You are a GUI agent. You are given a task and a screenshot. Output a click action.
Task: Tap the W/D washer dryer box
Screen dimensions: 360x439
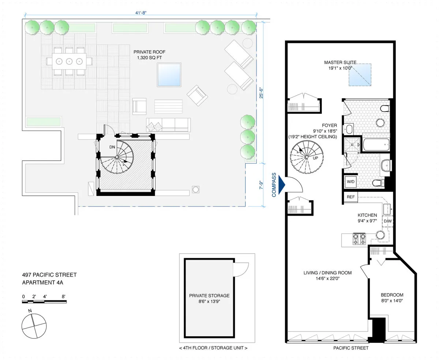(350, 181)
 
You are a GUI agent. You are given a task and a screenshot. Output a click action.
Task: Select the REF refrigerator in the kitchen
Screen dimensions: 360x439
(350, 197)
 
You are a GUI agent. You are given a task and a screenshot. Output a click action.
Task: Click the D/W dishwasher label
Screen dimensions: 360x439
(387, 221)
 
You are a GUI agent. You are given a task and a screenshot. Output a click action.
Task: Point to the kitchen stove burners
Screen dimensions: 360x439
(359, 239)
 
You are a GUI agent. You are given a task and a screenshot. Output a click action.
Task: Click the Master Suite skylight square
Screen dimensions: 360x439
(359, 75)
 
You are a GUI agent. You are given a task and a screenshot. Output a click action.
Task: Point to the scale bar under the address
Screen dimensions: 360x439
(44, 302)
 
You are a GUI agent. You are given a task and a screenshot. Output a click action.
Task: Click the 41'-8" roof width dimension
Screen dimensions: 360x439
(140, 13)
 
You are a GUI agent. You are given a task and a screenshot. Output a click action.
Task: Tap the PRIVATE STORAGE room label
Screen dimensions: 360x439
(209, 296)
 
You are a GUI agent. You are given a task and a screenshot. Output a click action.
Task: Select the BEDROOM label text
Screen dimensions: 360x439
(392, 295)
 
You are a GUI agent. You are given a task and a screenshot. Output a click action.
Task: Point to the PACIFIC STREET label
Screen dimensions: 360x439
(351, 348)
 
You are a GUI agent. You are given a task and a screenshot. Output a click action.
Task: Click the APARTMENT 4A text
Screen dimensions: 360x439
(45, 282)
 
